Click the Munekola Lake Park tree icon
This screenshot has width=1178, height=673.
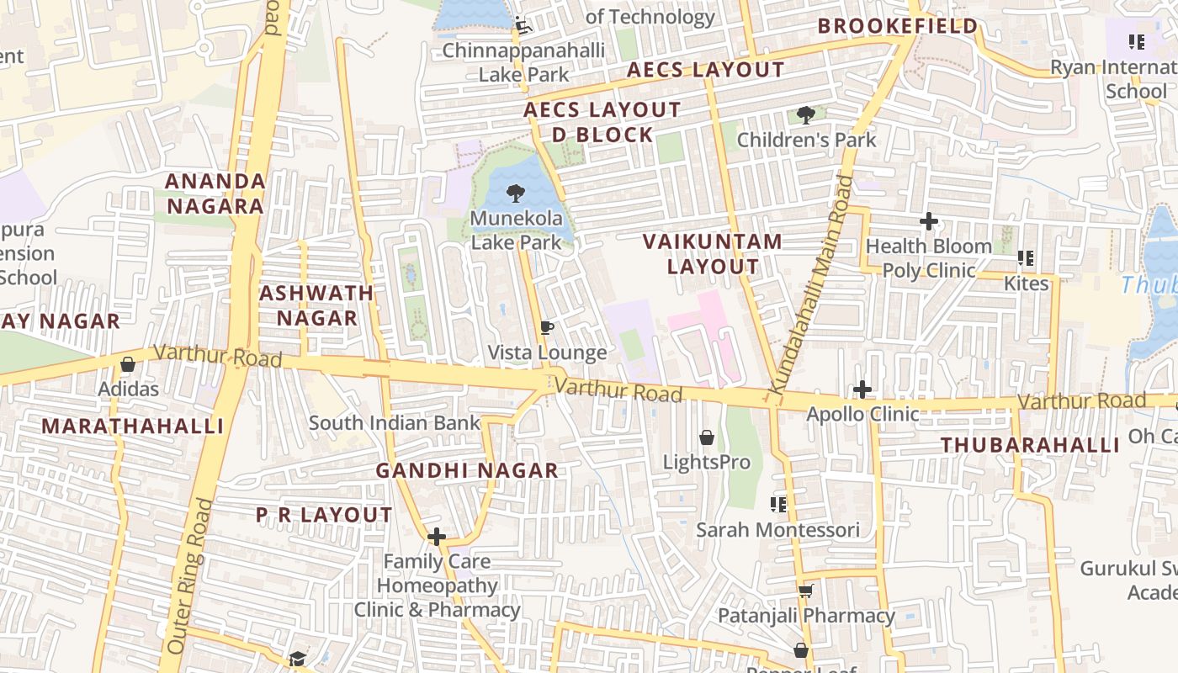click(x=514, y=194)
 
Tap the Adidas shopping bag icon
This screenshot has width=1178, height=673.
click(x=128, y=364)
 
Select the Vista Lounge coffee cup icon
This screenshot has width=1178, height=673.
click(x=547, y=327)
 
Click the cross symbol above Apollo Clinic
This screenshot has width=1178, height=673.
click(x=862, y=389)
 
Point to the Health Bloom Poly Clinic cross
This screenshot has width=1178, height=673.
click(x=929, y=221)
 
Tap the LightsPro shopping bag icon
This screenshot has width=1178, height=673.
click(x=707, y=437)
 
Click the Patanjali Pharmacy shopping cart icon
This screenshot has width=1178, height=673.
click(x=805, y=591)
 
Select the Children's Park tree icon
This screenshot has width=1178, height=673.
click(x=806, y=115)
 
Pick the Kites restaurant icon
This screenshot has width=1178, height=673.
click(x=1026, y=258)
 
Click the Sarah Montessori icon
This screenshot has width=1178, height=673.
click(x=778, y=505)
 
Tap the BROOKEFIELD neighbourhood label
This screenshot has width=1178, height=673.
click(x=898, y=26)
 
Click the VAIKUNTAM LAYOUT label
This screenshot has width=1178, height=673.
click(x=713, y=254)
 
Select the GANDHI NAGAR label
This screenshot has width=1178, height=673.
click(x=467, y=470)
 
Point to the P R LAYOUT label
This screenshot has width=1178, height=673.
click(x=324, y=515)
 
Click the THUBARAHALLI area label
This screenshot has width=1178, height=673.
click(x=1030, y=445)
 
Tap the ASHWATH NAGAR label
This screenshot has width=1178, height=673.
click(x=316, y=305)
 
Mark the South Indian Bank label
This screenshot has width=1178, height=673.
click(x=394, y=422)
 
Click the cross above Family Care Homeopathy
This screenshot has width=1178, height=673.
click(x=437, y=536)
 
